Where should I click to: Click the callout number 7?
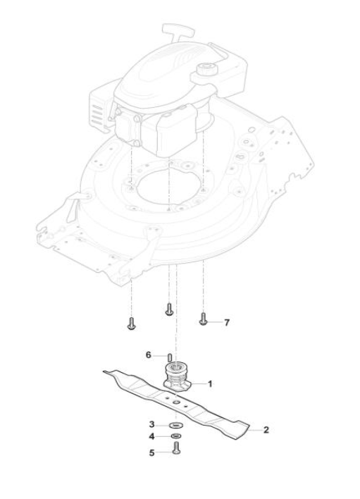click(226, 322)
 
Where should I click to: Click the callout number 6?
click(148, 355)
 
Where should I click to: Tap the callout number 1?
click(210, 384)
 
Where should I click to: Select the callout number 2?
click(266, 430)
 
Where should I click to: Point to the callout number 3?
click(151, 424)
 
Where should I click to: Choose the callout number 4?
click(151, 436)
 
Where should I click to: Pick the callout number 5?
click(151, 452)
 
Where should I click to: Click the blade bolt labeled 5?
click(176, 448)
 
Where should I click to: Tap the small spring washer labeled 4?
click(175, 436)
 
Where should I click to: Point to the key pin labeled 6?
click(170, 357)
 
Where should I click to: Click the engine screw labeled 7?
click(203, 319)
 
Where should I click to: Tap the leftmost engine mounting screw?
click(131, 323)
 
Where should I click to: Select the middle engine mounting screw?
click(169, 309)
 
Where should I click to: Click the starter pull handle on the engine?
click(178, 31)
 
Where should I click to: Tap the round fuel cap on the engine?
click(206, 68)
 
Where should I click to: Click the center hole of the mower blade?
click(176, 402)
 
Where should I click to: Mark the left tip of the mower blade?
click(104, 371)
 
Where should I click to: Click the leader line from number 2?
click(254, 430)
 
